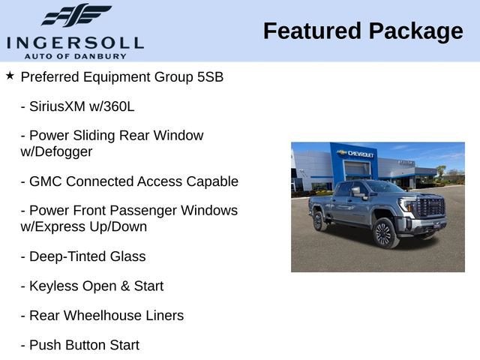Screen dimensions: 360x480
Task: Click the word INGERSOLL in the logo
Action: pyautogui.click(x=74, y=41)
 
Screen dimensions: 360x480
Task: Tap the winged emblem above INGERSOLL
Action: pyautogui.click(x=76, y=16)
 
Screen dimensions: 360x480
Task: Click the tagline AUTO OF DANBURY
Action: pyautogui.click(x=74, y=56)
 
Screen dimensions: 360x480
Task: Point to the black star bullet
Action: pyautogui.click(x=10, y=76)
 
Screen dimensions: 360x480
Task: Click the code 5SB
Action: pyautogui.click(x=208, y=76)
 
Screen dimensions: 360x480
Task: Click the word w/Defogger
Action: pyautogui.click(x=57, y=151)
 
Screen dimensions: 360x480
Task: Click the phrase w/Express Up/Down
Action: pyautogui.click(x=83, y=226)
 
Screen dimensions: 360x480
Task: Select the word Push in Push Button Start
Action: pyautogui.click(x=45, y=346)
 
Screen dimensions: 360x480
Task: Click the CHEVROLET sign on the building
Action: pyautogui.click(x=361, y=154)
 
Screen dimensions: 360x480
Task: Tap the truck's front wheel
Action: pyautogui.click(x=382, y=233)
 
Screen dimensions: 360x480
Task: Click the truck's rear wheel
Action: pyautogui.click(x=319, y=220)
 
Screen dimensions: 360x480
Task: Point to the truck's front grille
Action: pyautogui.click(x=430, y=208)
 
